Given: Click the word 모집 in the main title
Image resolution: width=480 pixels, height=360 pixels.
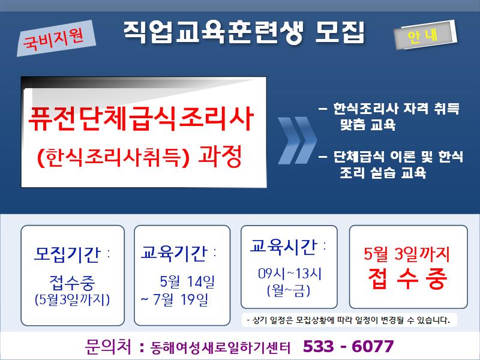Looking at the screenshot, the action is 340,32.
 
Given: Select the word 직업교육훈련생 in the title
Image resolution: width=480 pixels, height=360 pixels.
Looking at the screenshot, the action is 214,32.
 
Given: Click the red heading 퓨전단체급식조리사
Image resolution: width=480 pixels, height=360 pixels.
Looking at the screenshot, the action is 141,118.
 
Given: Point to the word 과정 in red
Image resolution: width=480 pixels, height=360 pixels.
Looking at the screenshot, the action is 220,156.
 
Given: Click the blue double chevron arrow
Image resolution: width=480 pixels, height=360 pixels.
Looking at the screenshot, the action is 297,140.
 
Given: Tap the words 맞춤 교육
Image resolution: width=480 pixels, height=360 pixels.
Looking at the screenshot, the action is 368,125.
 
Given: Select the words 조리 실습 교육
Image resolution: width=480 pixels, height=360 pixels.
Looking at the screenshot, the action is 383,173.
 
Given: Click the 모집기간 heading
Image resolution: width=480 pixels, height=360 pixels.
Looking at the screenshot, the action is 67,254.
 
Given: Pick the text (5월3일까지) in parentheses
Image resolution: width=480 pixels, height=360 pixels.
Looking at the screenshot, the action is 72,299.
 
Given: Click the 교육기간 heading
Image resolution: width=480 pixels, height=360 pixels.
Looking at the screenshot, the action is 174,253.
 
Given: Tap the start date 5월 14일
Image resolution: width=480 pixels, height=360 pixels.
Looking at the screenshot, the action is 187,281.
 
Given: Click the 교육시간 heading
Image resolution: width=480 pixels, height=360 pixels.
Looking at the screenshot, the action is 283,246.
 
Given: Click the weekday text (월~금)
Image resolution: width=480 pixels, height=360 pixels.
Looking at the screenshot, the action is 289,290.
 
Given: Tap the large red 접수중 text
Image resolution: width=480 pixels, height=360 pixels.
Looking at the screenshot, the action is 408,278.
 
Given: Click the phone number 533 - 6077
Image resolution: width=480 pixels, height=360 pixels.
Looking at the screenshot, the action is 349,346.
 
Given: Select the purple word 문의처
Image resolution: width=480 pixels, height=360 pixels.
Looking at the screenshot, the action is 108,347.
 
